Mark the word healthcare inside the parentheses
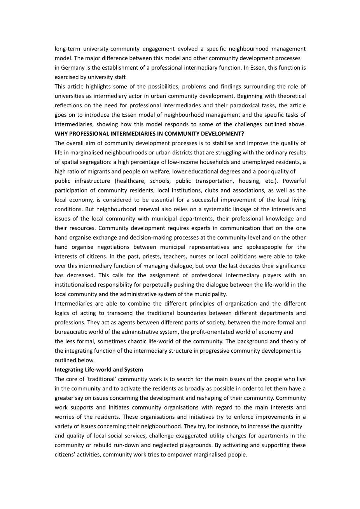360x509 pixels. [x=131, y=181]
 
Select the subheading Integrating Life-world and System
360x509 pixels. [x=99, y=369]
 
